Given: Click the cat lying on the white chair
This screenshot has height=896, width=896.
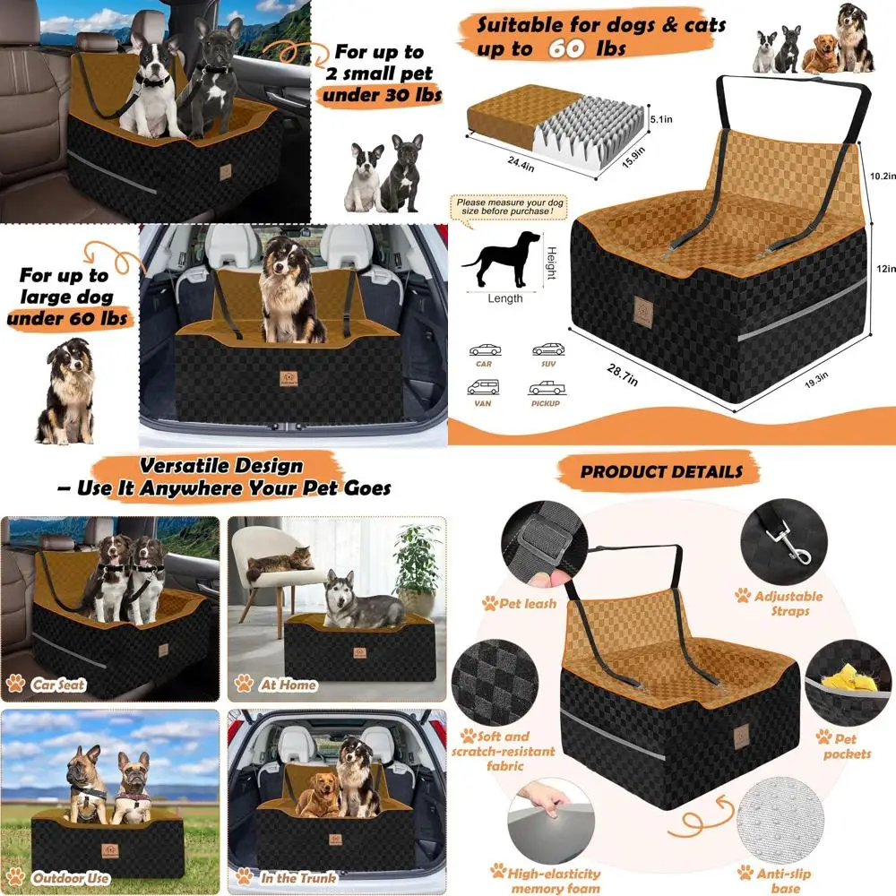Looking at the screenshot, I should click(279, 564).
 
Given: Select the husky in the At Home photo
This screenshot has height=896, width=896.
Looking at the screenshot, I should click(363, 603).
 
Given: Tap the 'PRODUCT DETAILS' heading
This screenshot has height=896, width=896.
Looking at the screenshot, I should click(661, 471).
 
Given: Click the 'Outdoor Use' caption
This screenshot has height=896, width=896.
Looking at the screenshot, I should click(72, 878).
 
